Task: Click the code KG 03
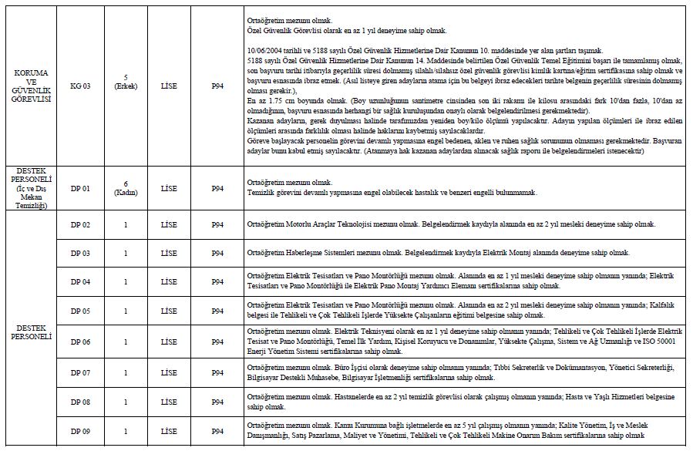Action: [x=80, y=86]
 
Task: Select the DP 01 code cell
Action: [x=80, y=188]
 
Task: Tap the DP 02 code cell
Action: [x=80, y=224]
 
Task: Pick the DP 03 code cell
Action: [x=80, y=253]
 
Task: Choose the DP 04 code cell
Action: [x=80, y=281]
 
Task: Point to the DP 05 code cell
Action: [x=80, y=311]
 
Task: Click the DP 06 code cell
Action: [x=80, y=341]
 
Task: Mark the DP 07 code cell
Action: [x=80, y=373]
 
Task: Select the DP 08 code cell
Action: [x=80, y=402]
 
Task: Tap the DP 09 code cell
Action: [x=80, y=431]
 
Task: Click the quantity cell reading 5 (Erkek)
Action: [x=125, y=82]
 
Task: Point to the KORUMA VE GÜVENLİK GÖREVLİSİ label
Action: [x=32, y=86]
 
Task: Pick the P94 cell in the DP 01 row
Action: [x=217, y=188]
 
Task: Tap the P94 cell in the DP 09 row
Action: [x=217, y=431]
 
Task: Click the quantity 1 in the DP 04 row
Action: [x=125, y=281]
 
